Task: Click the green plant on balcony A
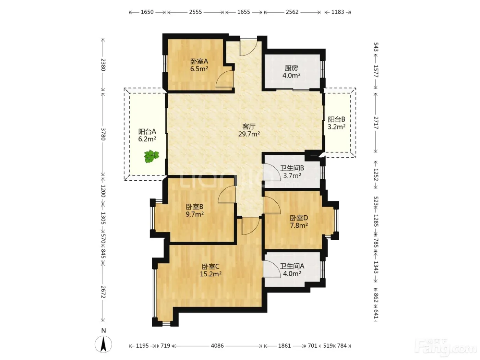tap(152, 156)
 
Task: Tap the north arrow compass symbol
tap(104, 344)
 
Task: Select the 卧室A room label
tap(199, 61)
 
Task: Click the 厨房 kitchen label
tap(291, 68)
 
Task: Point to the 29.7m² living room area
tap(249, 134)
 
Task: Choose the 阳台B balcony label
tap(336, 119)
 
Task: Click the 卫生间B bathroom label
tap(292, 168)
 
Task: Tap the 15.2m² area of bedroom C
tap(211, 274)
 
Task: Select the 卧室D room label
tap(299, 218)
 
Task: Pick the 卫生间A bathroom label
tap(292, 266)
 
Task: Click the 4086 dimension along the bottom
tap(217, 346)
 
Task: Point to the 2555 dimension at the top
tap(195, 12)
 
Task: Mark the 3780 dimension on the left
tap(103, 134)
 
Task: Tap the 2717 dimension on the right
tap(376, 123)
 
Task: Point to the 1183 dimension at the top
tap(338, 12)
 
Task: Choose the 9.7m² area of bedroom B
tap(195, 214)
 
